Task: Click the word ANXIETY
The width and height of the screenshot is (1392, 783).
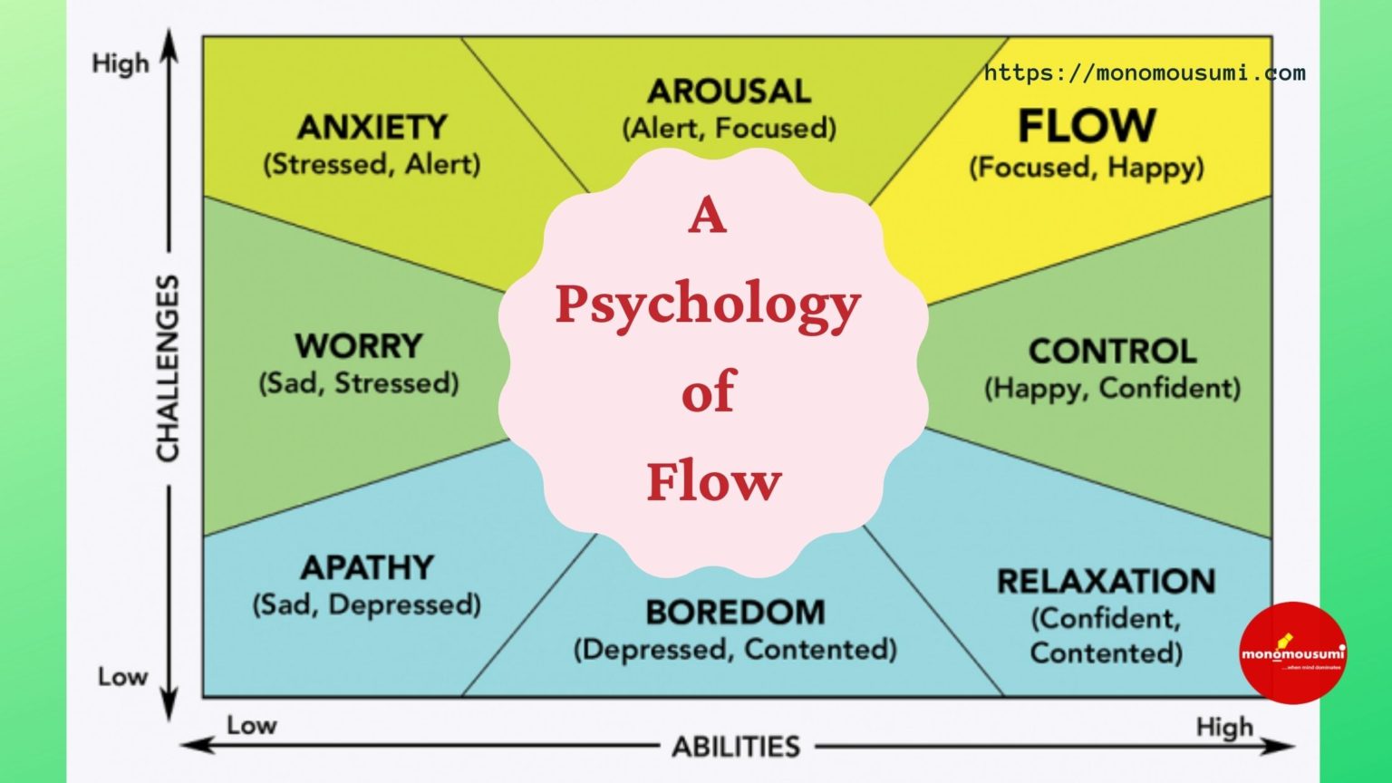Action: [372, 127]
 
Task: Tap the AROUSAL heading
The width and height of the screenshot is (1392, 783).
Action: [729, 91]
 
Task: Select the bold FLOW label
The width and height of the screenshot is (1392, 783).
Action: [1087, 125]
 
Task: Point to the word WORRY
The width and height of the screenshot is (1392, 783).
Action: [359, 345]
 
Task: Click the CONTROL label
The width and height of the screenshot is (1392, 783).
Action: [1112, 351]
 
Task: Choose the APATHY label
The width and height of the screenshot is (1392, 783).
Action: [367, 567]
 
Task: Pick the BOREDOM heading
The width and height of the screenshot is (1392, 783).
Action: [735, 613]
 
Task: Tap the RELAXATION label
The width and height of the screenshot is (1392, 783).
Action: [1106, 581]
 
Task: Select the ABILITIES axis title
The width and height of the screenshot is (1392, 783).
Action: [736, 747]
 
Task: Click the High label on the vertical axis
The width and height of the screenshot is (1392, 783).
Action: [120, 64]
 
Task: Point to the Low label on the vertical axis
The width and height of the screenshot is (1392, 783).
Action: [122, 677]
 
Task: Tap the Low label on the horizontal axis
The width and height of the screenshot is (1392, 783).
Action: [251, 725]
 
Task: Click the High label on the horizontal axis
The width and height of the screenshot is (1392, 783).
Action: [1224, 727]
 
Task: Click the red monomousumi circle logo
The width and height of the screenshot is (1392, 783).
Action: [1292, 652]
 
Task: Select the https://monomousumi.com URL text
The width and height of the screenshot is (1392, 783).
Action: [1145, 73]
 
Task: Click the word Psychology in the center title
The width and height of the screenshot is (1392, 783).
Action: [708, 304]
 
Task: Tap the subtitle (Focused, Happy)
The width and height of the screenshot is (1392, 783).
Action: [1087, 168]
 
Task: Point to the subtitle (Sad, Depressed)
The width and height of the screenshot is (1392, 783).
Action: [366, 604]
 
